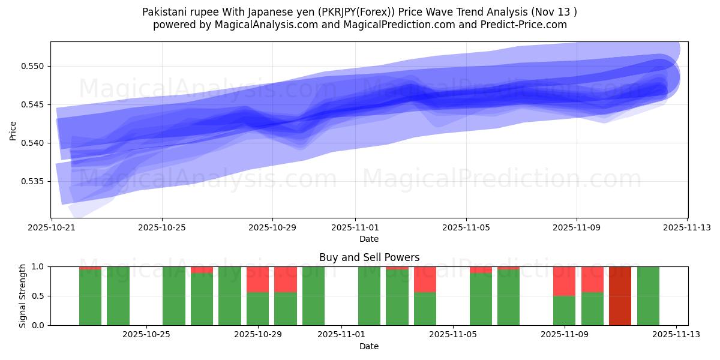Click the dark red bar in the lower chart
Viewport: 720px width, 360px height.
620,296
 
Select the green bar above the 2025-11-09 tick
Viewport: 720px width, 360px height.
564,310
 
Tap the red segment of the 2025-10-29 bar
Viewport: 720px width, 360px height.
257,280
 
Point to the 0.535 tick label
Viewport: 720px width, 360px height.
35,181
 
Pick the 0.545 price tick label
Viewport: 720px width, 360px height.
35,104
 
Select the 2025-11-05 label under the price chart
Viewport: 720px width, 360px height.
466,227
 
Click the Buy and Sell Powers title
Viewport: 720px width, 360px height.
369,257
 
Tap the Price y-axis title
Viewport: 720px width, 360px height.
13,130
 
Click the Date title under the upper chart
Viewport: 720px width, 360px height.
369,239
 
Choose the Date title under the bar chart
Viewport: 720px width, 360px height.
369,346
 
